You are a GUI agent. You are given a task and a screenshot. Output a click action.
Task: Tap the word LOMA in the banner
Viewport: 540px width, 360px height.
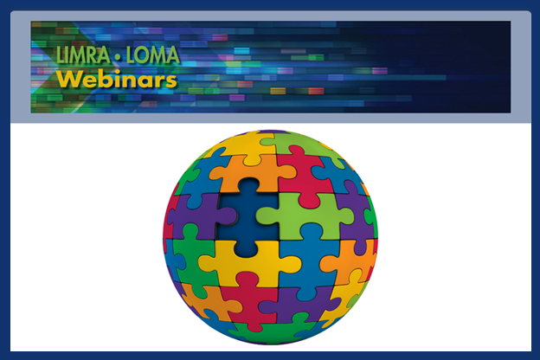coord(151,57)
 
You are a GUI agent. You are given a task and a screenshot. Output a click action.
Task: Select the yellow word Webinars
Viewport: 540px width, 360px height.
coord(117,80)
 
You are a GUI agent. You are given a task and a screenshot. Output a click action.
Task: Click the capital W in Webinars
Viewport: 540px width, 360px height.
coord(67,80)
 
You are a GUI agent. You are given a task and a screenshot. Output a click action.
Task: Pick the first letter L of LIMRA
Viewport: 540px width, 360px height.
coord(60,57)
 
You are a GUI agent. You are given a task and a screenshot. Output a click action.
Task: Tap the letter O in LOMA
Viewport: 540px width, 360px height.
coord(143,57)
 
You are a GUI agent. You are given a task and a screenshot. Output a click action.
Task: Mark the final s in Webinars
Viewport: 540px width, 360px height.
coord(171,81)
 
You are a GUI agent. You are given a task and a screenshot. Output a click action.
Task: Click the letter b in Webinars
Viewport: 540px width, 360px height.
coord(100,80)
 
